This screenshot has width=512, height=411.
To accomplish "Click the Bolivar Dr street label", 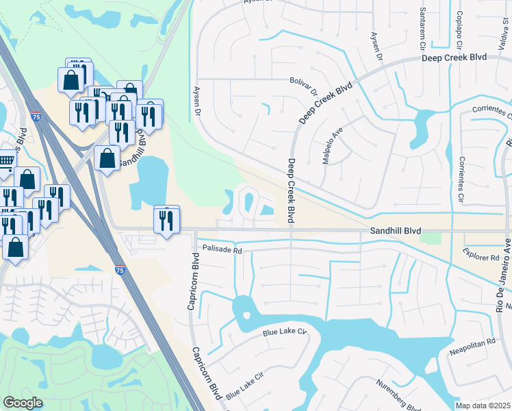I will [304, 86].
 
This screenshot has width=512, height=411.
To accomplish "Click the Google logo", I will [23, 403].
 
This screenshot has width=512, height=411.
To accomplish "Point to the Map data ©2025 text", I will [483, 406].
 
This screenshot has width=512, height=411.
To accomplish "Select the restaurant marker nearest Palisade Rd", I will [166, 221].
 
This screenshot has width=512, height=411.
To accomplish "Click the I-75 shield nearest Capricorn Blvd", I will [120, 272].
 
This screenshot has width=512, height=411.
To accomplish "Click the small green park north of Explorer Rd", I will [431, 238].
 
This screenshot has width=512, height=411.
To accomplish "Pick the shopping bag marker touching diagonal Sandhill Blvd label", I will [107, 158].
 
